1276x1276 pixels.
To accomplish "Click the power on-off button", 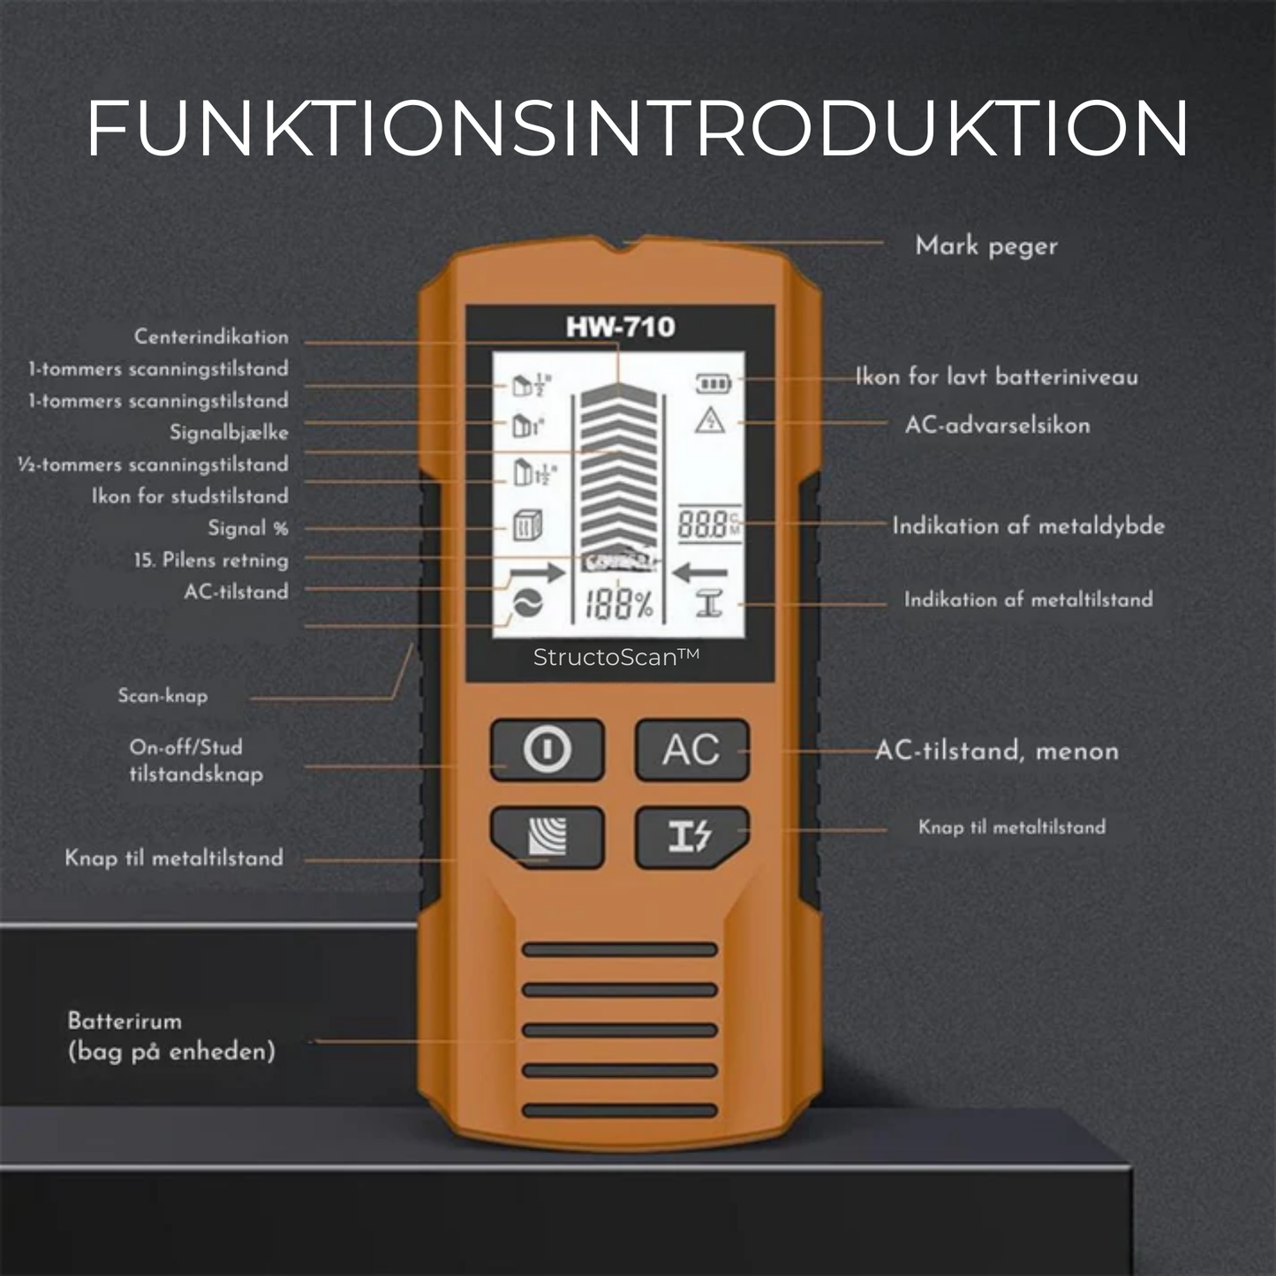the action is [547, 750].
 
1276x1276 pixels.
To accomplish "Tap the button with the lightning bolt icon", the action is [692, 837].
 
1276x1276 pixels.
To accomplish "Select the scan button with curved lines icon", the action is [547, 837].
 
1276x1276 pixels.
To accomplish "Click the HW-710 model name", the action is [621, 327].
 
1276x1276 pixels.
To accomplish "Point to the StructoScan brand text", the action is [616, 657].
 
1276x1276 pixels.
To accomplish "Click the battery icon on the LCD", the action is [714, 382].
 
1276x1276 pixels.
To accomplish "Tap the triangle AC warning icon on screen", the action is [710, 420].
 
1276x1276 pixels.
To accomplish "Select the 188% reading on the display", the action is [619, 605].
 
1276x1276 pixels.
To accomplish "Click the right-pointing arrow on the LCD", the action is [537, 572].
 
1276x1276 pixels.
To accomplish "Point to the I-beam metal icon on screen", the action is [709, 605].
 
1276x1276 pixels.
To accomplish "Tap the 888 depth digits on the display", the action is [702, 525].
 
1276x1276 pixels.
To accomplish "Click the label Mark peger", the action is [986, 246].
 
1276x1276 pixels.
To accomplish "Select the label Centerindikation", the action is [211, 336].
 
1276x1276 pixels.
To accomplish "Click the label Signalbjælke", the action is [229, 433].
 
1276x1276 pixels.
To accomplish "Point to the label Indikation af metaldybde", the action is [1029, 525].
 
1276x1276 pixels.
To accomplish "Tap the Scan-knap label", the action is [162, 695].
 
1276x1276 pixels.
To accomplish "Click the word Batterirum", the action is [125, 1021].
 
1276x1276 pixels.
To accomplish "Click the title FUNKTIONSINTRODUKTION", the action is [637, 129].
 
